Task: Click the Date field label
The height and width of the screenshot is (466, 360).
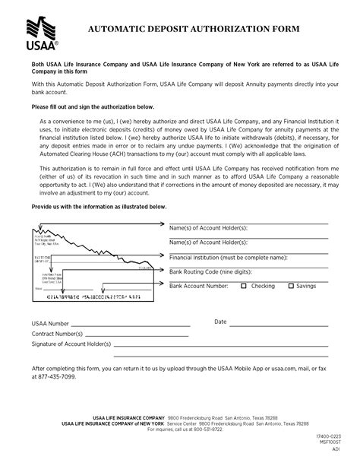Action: [220, 322]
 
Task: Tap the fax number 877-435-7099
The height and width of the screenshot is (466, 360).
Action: [53, 376]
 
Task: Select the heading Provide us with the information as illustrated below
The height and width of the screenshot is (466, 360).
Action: [99, 207]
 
